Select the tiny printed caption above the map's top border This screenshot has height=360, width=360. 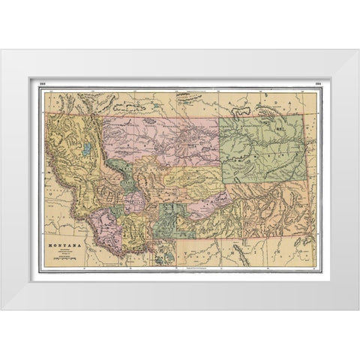click(180, 91)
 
